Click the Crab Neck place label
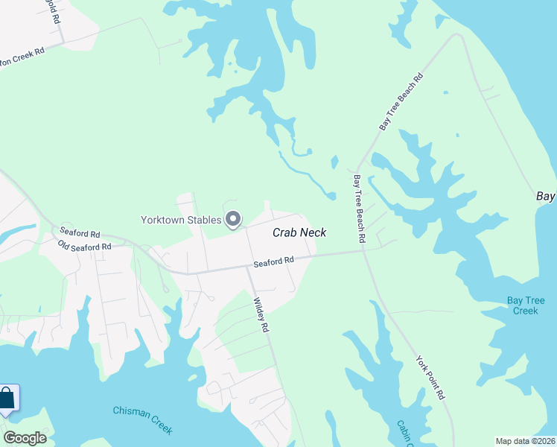pyautogui.click(x=299, y=232)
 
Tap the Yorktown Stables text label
pyautogui.click(x=182, y=219)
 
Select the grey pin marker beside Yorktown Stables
pyautogui.click(x=233, y=219)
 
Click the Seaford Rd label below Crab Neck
pyautogui.click(x=274, y=261)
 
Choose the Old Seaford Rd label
pyautogui.click(x=84, y=246)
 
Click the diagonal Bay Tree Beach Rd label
pyautogui.click(x=401, y=102)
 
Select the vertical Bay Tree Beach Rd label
pyautogui.click(x=359, y=209)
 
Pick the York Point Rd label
pyautogui.click(x=430, y=377)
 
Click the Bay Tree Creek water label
pyautogui.click(x=526, y=305)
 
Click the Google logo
pyautogui.click(x=25, y=438)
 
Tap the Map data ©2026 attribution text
pyautogui.click(x=525, y=441)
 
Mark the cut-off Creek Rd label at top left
pyautogui.click(x=22, y=57)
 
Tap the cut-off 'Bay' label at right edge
pyautogui.click(x=547, y=196)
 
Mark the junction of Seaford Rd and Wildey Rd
pyautogui.click(x=248, y=267)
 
